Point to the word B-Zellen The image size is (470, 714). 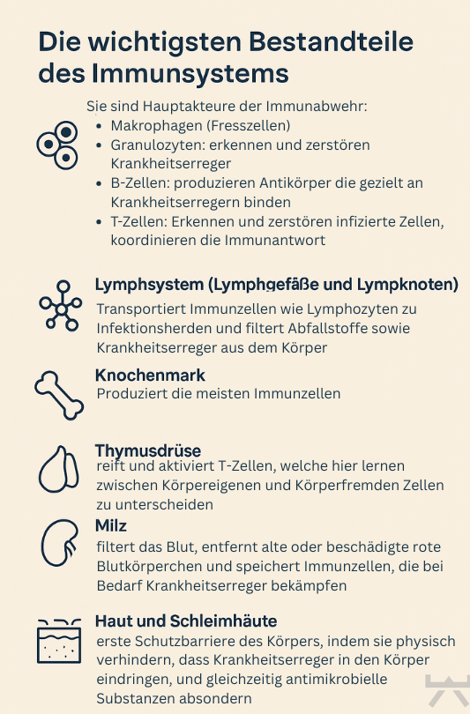135,182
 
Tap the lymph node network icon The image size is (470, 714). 60,306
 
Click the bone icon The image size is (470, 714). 59,395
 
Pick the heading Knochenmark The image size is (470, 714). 150,376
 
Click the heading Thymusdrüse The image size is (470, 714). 147,450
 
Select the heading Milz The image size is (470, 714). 111,525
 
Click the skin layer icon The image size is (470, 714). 59,641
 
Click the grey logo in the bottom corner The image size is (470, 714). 446,692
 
